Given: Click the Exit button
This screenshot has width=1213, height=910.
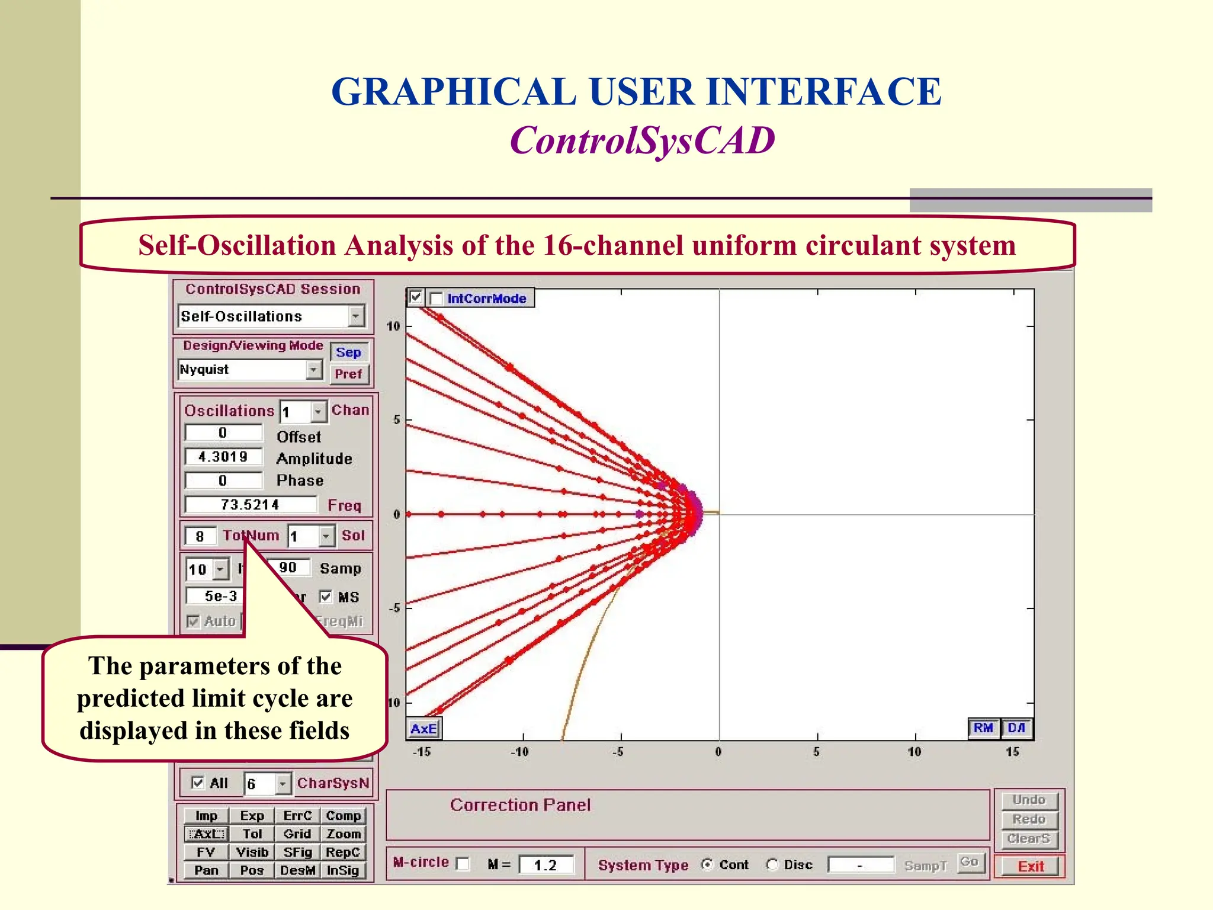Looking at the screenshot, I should (x=1030, y=866).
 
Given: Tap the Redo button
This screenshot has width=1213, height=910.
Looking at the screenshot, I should (x=1029, y=819).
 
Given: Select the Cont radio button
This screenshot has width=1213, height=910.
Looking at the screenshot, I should (x=707, y=864).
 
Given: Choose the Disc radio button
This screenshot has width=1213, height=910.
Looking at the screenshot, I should (x=772, y=864).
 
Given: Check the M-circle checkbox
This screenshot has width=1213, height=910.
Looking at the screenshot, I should (x=463, y=864).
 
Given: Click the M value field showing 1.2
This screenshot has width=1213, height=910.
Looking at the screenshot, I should (x=545, y=865).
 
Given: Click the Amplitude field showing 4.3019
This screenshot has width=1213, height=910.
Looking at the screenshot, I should (x=223, y=457).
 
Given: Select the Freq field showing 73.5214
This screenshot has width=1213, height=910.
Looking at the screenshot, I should (x=250, y=505).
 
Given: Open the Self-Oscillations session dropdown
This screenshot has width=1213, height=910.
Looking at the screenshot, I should (x=355, y=316).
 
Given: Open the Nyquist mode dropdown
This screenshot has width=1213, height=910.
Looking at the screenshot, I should (x=314, y=370).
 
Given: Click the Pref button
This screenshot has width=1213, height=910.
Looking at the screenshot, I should (x=348, y=374).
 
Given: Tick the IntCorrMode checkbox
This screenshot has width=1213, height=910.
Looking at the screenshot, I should (x=437, y=299).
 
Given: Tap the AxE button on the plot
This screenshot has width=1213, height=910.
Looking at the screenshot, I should (x=424, y=729).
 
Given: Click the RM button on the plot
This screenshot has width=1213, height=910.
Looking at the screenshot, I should (x=983, y=728).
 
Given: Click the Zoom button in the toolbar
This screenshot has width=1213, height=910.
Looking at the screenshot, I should (x=344, y=834).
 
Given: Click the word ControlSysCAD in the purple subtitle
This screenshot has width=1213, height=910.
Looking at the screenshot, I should (x=642, y=140).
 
